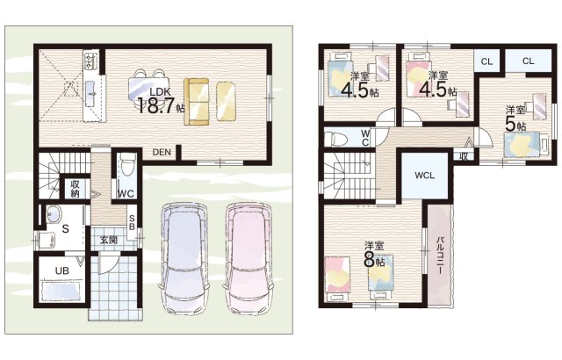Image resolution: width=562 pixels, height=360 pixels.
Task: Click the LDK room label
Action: pyautogui.click(x=160, y=91)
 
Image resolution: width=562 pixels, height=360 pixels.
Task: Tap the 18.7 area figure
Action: pyautogui.click(x=155, y=105)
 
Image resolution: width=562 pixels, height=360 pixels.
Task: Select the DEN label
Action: pyautogui.click(x=162, y=152)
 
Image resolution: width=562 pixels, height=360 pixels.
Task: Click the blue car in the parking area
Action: pyautogui.click(x=184, y=259)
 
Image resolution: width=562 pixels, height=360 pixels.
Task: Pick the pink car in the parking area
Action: pyautogui.click(x=249, y=259)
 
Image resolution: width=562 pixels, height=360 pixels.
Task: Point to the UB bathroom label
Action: pyautogui.click(x=62, y=270)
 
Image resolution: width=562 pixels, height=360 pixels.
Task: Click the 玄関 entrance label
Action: pyautogui.click(x=109, y=240)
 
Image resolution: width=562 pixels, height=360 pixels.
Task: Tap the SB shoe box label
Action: pyautogui.click(x=132, y=222)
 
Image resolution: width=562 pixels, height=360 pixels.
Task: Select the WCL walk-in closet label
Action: pyautogui.click(x=425, y=176)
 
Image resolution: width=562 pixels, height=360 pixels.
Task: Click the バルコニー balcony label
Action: pyautogui.click(x=440, y=255)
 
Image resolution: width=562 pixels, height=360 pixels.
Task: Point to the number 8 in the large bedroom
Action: pyautogui.click(x=369, y=260)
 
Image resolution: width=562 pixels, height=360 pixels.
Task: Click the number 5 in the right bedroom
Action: pyautogui.click(x=509, y=124)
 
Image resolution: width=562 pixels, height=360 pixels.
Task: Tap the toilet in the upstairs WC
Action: pyautogui.click(x=335, y=138)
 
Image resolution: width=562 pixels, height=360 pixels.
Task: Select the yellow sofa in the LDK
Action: pyautogui.click(x=197, y=102)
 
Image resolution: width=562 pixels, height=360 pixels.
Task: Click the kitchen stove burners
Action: pyautogui.click(x=90, y=60)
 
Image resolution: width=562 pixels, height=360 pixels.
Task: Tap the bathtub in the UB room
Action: pyautogui.click(x=61, y=290)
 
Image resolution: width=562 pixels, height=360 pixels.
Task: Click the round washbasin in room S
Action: pyautogui.click(x=54, y=214)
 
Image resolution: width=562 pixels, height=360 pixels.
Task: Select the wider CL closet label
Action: pyautogui.click(x=528, y=61)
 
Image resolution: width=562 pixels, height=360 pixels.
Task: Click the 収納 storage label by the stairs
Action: pyautogui.click(x=76, y=189)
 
